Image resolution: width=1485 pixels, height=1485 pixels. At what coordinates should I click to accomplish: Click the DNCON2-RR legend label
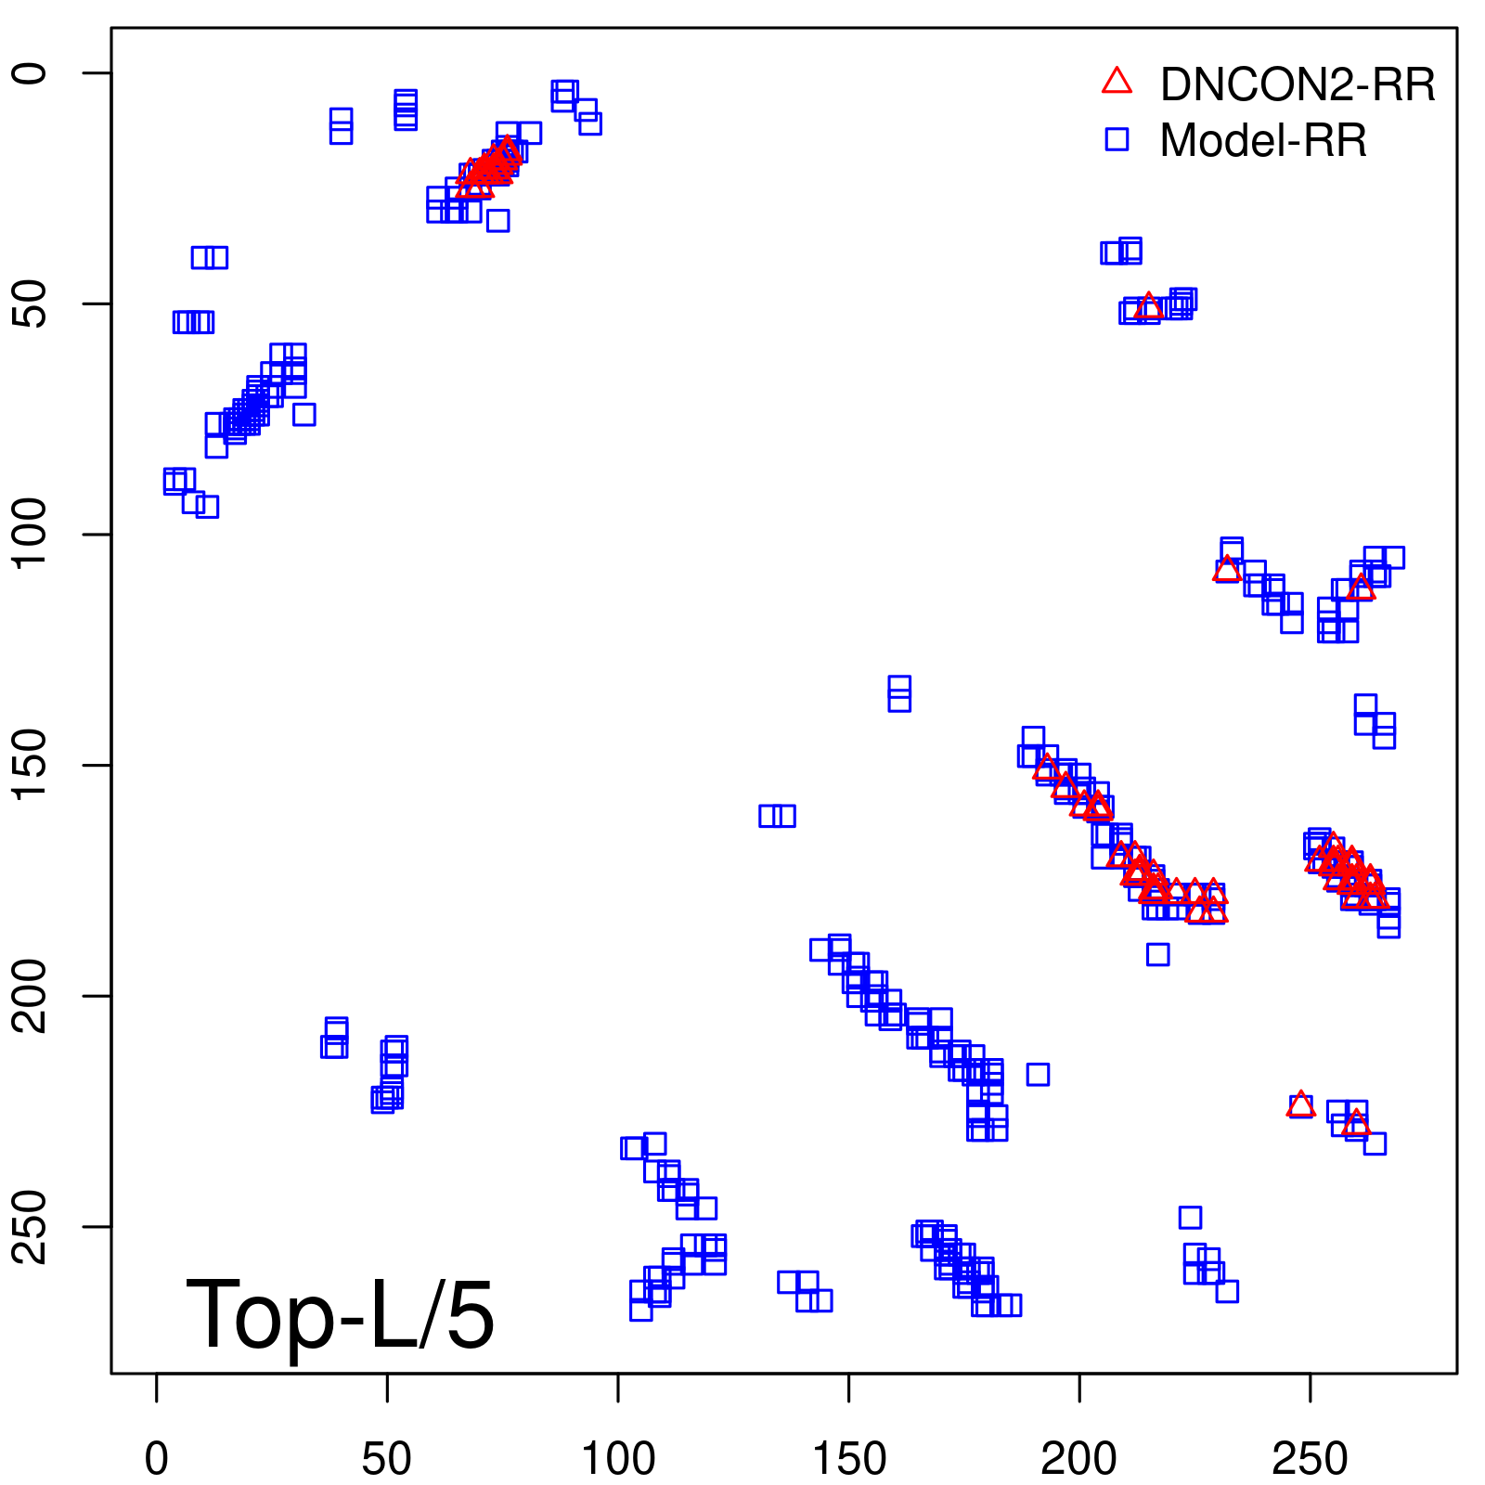point(1298,84)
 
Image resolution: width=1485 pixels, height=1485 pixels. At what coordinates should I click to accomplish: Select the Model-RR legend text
point(1263,141)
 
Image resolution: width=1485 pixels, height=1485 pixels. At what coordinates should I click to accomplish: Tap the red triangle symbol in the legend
point(1117,82)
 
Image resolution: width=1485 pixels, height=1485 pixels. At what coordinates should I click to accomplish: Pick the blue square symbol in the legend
point(1117,139)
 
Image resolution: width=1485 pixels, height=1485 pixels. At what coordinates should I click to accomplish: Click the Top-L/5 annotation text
point(340,1314)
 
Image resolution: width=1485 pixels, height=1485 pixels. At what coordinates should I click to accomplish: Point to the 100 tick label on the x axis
point(618,1460)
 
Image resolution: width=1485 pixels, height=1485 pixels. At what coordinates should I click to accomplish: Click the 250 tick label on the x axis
point(1310,1460)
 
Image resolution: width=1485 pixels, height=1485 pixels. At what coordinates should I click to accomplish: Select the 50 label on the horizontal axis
point(387,1460)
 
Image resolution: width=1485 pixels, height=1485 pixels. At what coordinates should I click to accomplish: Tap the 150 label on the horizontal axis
point(849,1460)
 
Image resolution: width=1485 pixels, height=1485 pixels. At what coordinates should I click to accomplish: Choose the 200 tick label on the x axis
point(1079,1460)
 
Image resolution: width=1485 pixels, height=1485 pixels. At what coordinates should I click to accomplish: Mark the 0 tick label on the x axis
point(157,1460)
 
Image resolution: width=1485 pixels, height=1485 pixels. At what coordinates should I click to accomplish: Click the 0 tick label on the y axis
point(32,73)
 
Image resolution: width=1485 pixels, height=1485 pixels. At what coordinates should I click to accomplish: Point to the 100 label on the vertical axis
point(32,535)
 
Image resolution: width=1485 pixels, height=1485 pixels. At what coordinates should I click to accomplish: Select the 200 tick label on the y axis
point(32,996)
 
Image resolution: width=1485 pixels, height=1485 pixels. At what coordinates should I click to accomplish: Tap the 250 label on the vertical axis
point(32,1226)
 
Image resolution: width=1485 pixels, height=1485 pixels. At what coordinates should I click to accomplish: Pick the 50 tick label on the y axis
point(32,303)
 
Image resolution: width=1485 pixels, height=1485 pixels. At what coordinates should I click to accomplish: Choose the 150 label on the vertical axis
point(32,765)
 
